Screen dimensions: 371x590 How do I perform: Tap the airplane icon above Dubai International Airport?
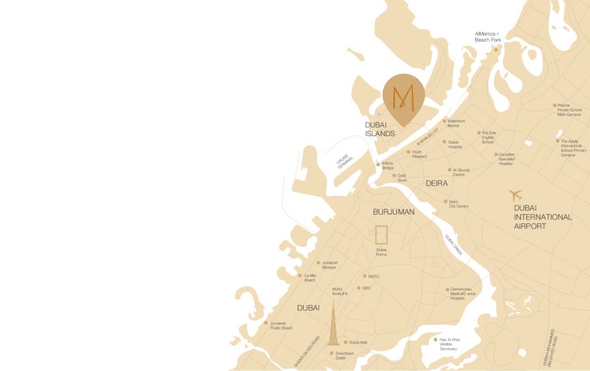(515, 195)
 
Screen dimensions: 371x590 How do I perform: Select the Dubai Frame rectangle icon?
(381, 235)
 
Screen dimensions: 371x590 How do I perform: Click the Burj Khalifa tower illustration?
(333, 325)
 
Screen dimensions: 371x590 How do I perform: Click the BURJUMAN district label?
(394, 212)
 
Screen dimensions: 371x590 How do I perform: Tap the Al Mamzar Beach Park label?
(487, 36)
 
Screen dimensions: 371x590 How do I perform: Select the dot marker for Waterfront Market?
(444, 121)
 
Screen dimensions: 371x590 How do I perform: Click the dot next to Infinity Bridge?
(378, 164)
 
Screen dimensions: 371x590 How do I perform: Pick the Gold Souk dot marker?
(394, 176)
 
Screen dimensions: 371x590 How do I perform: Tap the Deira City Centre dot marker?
(445, 201)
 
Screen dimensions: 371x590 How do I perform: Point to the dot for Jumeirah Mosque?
(318, 263)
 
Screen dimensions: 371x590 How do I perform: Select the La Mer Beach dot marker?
(300, 276)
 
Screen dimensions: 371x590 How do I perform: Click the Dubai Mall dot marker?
(346, 342)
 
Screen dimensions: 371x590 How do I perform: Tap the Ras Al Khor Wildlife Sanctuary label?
(448, 344)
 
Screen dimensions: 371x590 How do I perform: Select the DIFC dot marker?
(359, 288)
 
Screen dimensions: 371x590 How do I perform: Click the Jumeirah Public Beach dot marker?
(266, 323)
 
